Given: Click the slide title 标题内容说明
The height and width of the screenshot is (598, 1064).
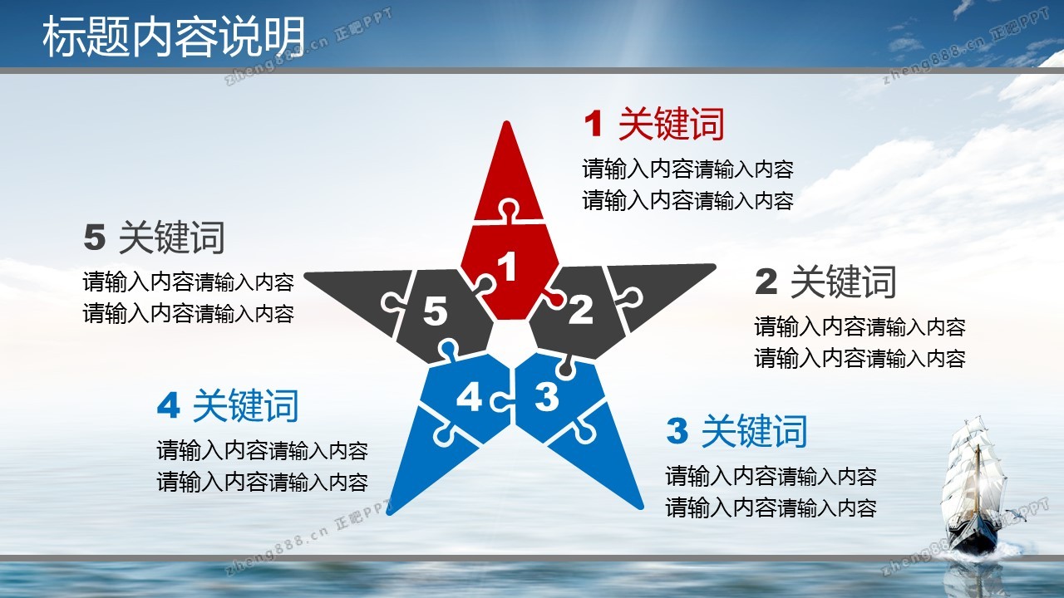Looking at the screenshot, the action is (174, 37).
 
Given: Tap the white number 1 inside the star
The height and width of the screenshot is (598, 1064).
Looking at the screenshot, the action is (507, 266).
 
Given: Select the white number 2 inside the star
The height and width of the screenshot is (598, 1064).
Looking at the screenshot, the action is (580, 310).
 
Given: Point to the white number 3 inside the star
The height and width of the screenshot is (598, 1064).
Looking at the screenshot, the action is (547, 396).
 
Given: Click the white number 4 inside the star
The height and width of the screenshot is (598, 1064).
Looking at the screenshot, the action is (469, 397).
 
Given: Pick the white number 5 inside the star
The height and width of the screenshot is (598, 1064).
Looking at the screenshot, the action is (435, 311).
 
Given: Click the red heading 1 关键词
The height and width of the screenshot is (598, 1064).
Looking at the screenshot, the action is (654, 124).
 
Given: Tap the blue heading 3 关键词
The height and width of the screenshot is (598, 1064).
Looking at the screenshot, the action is (736, 431).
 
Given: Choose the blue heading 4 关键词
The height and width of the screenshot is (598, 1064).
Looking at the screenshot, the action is (228, 405).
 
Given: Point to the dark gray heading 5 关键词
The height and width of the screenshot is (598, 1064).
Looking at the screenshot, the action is (154, 238).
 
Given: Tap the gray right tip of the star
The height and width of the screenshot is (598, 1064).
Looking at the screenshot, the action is (714, 267).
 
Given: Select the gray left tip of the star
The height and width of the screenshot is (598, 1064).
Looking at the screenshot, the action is (306, 275).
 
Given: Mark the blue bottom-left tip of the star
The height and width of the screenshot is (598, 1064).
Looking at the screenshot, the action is (389, 513).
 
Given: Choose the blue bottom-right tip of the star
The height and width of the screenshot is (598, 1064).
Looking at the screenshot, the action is (641, 507).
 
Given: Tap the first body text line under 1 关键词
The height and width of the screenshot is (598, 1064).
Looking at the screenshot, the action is (687, 169).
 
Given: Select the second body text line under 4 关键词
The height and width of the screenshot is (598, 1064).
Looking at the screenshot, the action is (262, 483).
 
